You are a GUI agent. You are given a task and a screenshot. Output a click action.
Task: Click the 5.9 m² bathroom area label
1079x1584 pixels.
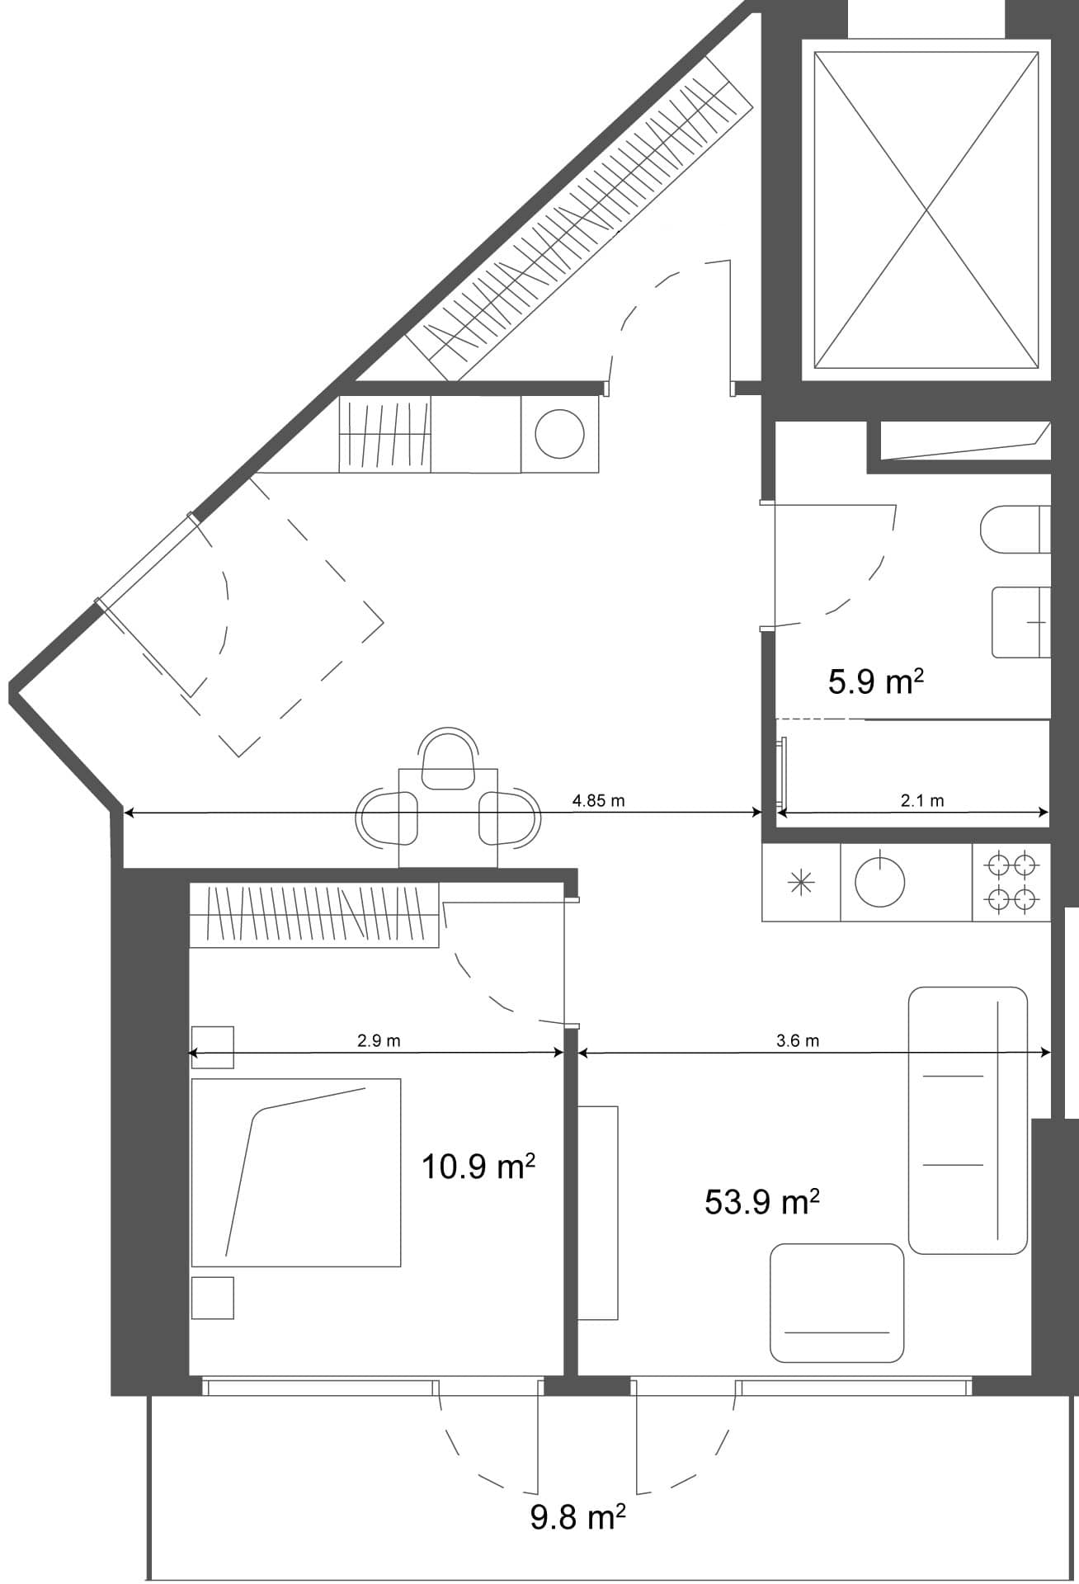[x=874, y=682]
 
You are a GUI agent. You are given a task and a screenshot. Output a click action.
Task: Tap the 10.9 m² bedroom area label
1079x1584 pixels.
[x=478, y=1167]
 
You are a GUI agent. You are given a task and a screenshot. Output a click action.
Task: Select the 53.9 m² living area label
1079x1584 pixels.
[x=761, y=1202]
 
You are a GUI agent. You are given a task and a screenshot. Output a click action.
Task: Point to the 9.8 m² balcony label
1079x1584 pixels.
[x=577, y=1516]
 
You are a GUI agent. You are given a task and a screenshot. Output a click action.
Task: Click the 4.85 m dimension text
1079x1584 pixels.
[x=598, y=800]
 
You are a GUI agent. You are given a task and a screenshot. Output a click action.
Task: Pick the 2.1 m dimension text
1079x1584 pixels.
[x=921, y=800]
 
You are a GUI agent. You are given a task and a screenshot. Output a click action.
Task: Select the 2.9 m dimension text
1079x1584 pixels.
[x=379, y=1040]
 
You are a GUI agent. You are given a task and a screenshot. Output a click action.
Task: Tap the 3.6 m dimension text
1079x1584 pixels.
[x=798, y=1040]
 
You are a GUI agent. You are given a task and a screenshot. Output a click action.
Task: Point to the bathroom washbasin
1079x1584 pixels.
[x=1021, y=621]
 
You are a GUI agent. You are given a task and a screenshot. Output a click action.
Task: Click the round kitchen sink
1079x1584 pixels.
[x=879, y=882]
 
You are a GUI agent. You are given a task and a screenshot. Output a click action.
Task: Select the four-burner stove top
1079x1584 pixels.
[x=1011, y=882]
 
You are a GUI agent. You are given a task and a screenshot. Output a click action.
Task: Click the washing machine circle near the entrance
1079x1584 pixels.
[x=560, y=434]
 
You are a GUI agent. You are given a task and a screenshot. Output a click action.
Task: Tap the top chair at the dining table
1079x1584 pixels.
[x=448, y=757]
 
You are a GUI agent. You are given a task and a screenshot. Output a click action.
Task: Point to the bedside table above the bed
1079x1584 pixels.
[x=212, y=1047]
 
